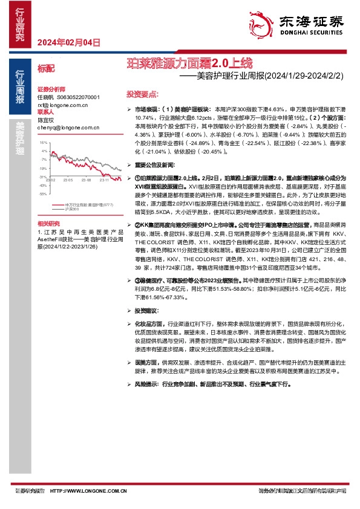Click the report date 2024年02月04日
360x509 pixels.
pyautogui.click(x=67, y=42)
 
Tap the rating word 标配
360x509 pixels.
pyautogui.click(x=46, y=68)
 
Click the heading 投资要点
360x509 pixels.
pyautogui.click(x=142, y=94)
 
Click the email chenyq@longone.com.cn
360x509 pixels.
pyautogui.click(x=59, y=128)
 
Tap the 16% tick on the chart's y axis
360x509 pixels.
pyautogui.click(x=44, y=142)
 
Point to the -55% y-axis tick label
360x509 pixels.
pyautogui.click(x=43, y=193)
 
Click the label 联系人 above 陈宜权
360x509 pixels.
pyautogui.click(x=46, y=112)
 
